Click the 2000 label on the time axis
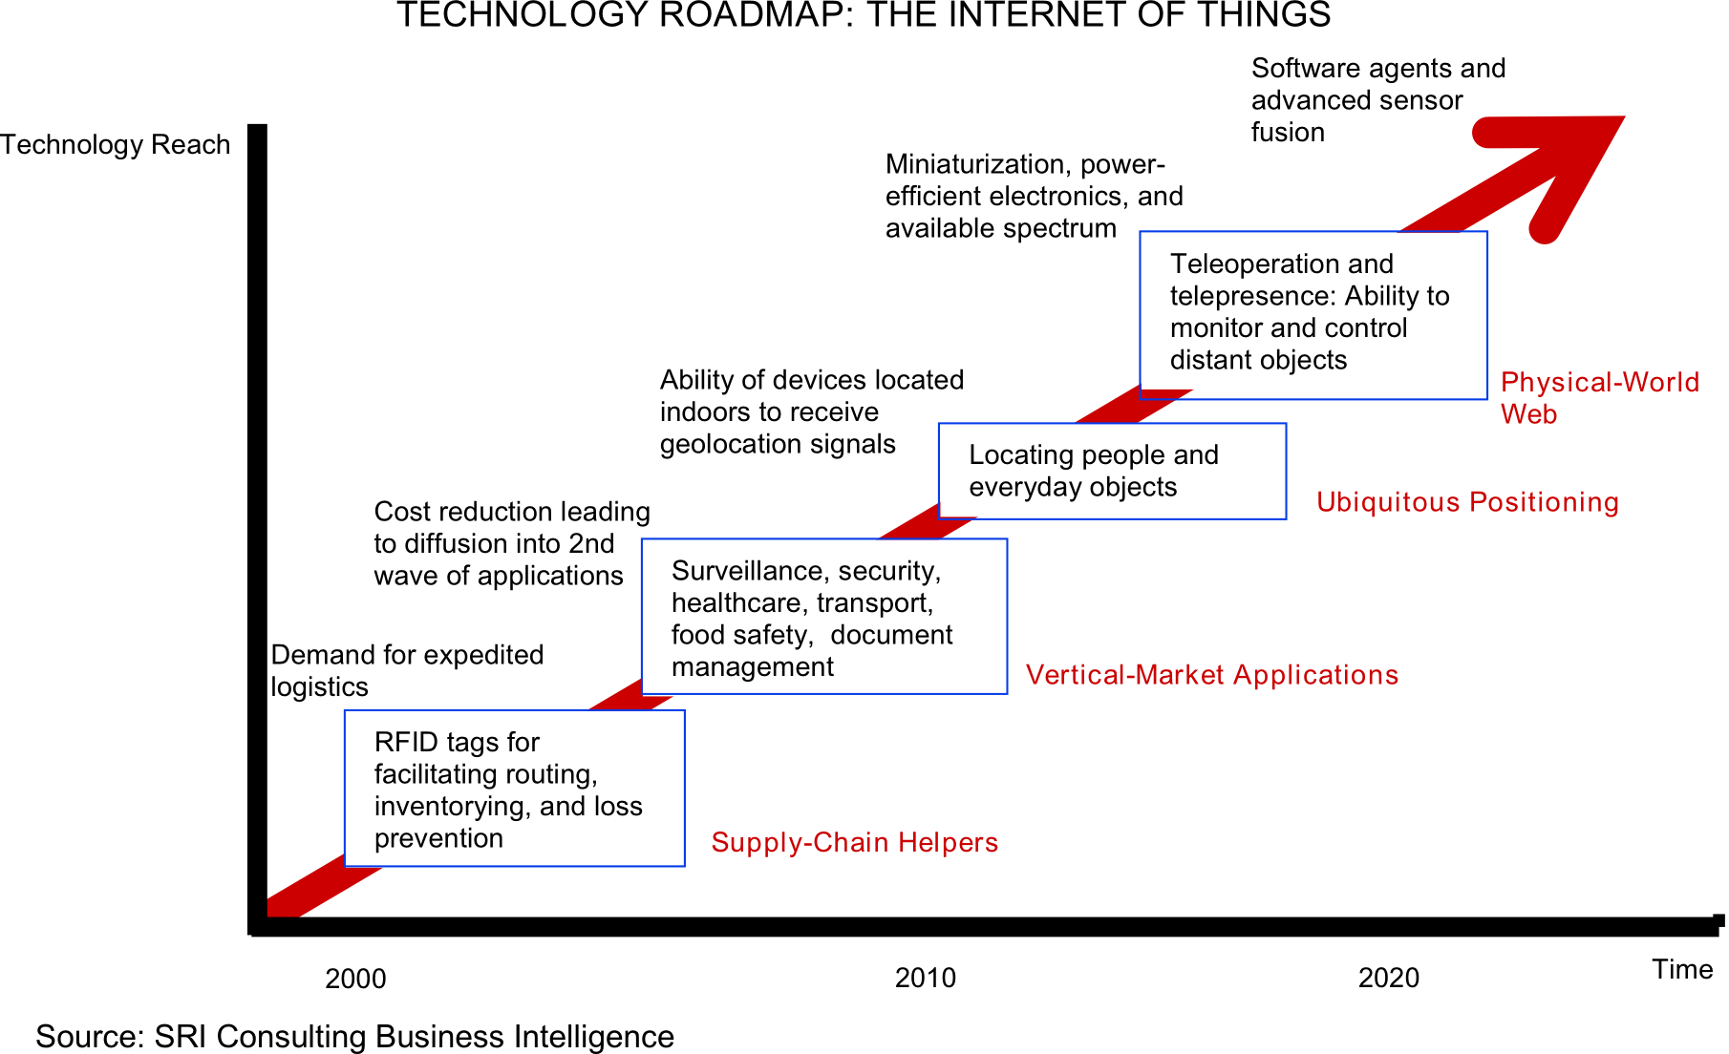355,979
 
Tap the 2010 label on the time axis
925,978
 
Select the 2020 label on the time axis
1388,978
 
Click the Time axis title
1682,969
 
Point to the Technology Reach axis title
116,144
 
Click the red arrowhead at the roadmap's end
1567,163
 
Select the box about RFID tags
514,789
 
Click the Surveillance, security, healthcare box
823,617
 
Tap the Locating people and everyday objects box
1112,471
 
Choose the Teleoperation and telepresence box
1313,315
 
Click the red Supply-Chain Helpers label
854,842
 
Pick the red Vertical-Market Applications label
1211,675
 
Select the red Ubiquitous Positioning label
1467,502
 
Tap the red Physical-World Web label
1599,397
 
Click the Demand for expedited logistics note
407,670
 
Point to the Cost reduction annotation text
511,543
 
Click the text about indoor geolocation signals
811,411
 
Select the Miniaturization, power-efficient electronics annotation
1034,196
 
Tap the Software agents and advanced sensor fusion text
1377,99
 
